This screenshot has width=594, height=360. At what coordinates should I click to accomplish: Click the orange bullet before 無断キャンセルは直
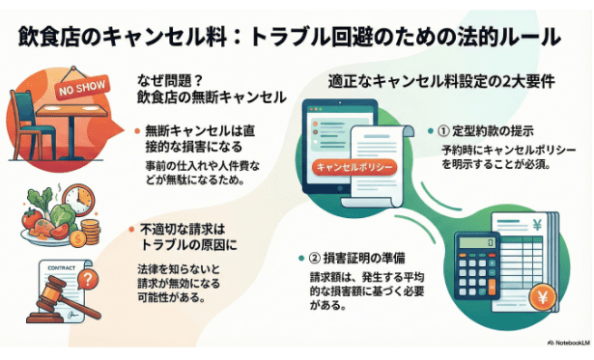pos(134,128)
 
